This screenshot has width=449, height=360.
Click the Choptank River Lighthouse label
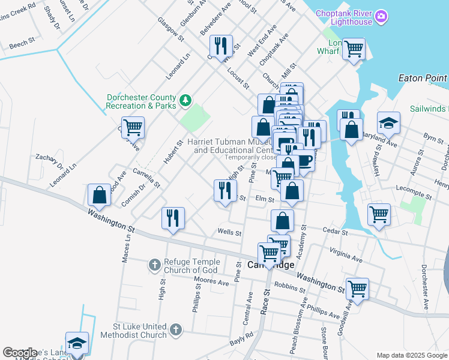click(x=348, y=18)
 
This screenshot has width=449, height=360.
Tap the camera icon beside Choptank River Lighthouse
click(x=381, y=18)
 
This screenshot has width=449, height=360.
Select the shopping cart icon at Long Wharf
click(x=354, y=49)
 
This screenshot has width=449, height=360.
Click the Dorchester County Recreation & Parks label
click(x=141, y=101)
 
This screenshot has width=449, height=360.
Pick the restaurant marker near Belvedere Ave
click(x=221, y=46)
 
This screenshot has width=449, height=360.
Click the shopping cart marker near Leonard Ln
click(x=133, y=127)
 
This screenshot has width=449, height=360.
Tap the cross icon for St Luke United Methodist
click(x=175, y=329)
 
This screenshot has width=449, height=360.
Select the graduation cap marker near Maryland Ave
click(x=388, y=123)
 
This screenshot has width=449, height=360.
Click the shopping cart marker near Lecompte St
click(x=379, y=214)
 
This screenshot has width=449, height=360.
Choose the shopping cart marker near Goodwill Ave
click(x=357, y=289)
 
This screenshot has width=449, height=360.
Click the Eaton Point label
click(x=423, y=78)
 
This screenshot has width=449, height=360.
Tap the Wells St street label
click(x=229, y=232)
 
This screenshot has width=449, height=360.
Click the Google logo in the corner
click(x=19, y=353)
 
